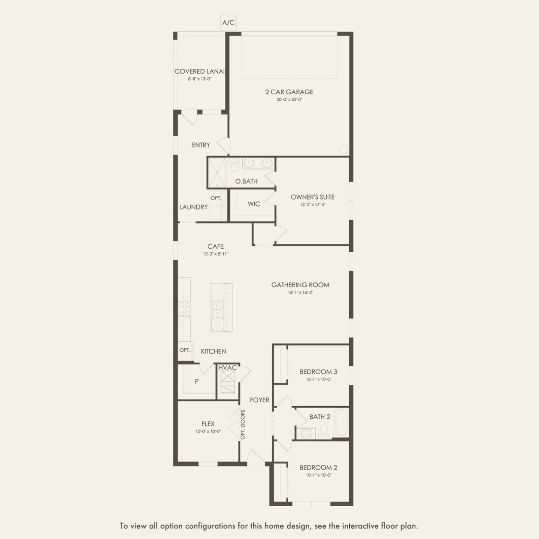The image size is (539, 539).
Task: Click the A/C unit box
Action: [x=228, y=23]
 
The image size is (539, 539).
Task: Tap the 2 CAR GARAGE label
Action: [x=289, y=92]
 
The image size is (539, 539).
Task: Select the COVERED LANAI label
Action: [x=199, y=71]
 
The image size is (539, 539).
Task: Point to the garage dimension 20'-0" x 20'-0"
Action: [x=289, y=100]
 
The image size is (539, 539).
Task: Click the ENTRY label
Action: [x=201, y=145]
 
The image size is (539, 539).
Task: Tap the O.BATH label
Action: [x=246, y=181]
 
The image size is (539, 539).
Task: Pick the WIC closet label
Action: [x=254, y=204]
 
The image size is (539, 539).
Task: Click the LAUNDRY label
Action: [x=193, y=207]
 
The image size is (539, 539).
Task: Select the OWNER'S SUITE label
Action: [x=313, y=197]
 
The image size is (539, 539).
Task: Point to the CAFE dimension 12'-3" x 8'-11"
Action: [x=216, y=254]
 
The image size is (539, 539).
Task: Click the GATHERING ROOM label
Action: [x=300, y=285]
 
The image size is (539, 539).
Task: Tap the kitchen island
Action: [x=222, y=307]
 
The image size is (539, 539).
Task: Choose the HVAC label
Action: [x=227, y=368]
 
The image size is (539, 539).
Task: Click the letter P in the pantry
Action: [x=197, y=381]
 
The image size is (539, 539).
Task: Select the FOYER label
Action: [x=259, y=400]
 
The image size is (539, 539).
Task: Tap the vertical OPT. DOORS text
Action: [x=243, y=424]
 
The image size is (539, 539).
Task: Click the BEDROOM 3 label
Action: [x=318, y=372]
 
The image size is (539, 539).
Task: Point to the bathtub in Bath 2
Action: [x=341, y=422]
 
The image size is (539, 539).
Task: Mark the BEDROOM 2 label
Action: [x=318, y=468]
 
